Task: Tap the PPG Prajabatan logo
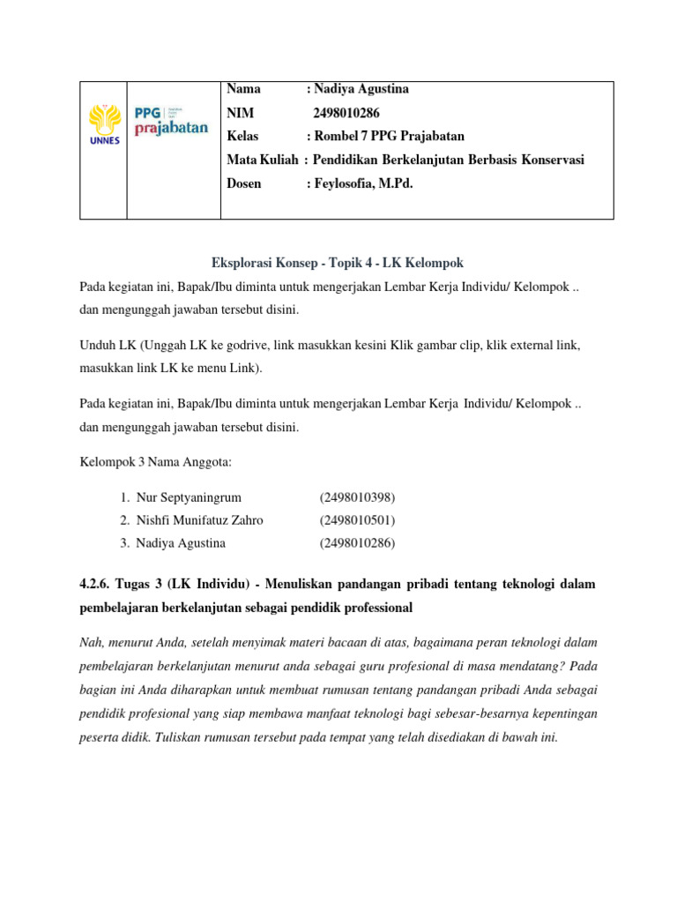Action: [x=171, y=121]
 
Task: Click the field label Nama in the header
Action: [x=243, y=89]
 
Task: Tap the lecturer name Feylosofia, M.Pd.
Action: [x=364, y=183]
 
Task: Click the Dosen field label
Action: [x=244, y=183]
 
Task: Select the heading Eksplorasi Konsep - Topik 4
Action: [x=338, y=263]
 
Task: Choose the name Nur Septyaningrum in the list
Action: [x=189, y=497]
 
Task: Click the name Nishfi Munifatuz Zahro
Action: [x=199, y=520]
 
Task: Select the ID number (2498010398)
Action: [x=357, y=497]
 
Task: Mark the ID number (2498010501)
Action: [x=357, y=520]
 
